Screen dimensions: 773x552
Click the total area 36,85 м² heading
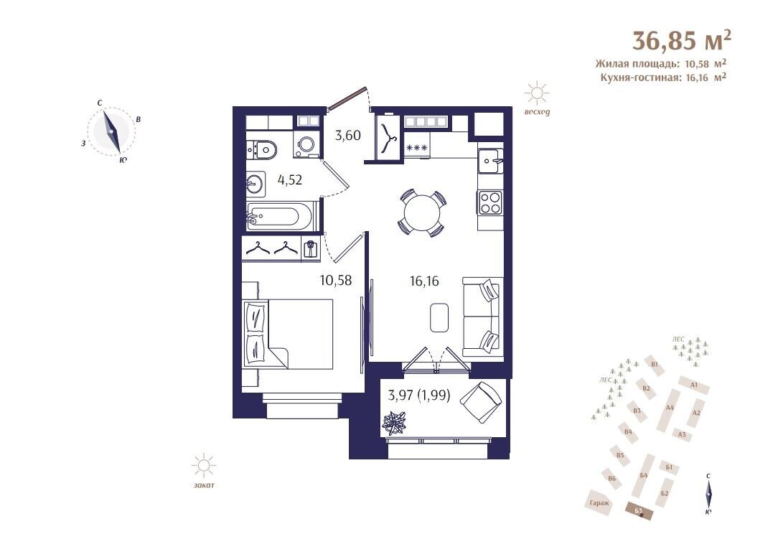pyautogui.click(x=681, y=40)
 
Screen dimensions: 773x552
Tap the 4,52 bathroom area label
pyautogui.click(x=290, y=180)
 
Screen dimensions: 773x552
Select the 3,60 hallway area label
pyautogui.click(x=348, y=135)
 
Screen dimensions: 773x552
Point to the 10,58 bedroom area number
pyautogui.click(x=336, y=281)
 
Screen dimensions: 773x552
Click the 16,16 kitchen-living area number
pyautogui.click(x=424, y=281)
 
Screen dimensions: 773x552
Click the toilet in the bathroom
pyautogui.click(x=261, y=149)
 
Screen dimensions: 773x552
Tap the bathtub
pyautogui.click(x=279, y=216)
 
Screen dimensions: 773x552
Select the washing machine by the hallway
pyautogui.click(x=306, y=144)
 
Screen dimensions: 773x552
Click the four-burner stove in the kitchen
pyautogui.click(x=489, y=202)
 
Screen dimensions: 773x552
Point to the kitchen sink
pyautogui.click(x=490, y=160)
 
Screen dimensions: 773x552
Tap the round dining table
pyautogui.click(x=422, y=213)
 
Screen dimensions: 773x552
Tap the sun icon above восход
pyautogui.click(x=537, y=93)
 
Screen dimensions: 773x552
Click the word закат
pyautogui.click(x=204, y=485)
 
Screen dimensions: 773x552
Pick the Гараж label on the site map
pyautogui.click(x=599, y=503)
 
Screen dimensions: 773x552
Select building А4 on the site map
pyautogui.click(x=669, y=408)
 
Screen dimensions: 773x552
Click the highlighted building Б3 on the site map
pyautogui.click(x=638, y=510)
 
